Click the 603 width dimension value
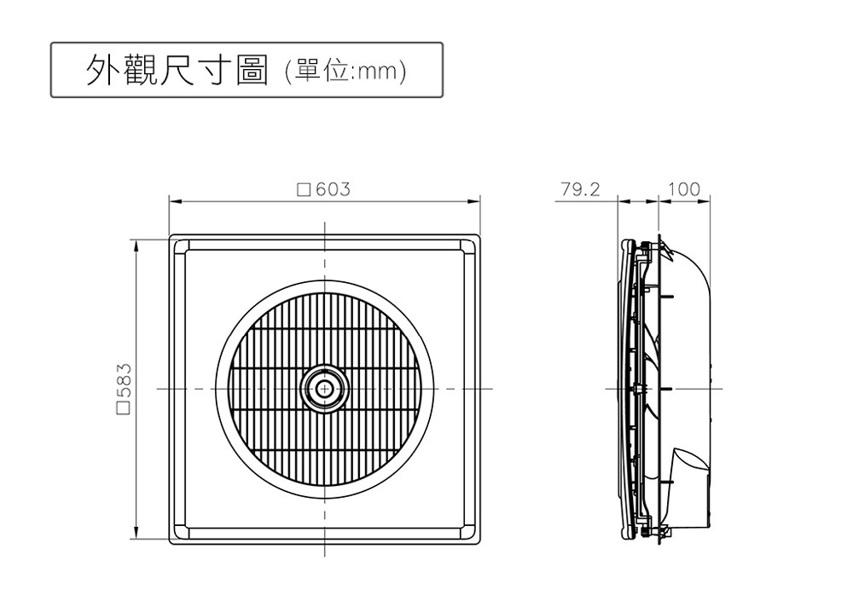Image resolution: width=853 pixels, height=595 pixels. tap(333, 189)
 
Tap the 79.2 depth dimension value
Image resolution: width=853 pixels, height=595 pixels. tap(580, 189)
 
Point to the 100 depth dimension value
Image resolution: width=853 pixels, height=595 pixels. tap(684, 189)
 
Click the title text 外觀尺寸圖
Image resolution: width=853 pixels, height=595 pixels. tap(177, 70)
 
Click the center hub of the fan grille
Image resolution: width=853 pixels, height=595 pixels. tap(325, 389)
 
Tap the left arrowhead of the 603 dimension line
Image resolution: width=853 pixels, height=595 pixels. tap(175, 202)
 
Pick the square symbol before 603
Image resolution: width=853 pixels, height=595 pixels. tap(305, 190)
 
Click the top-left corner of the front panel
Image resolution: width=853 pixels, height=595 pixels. tap(169, 234)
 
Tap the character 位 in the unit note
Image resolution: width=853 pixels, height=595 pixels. tap(336, 72)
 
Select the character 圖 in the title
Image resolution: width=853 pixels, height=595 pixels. tap(252, 70)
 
